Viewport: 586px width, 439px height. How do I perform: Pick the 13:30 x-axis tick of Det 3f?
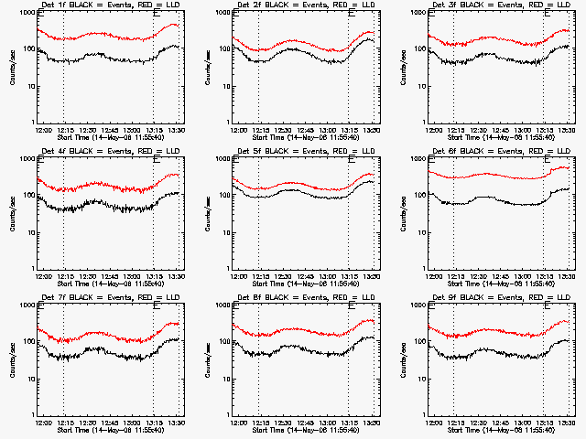click(x=566, y=131)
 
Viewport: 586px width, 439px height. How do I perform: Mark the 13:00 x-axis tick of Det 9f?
click(x=522, y=423)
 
